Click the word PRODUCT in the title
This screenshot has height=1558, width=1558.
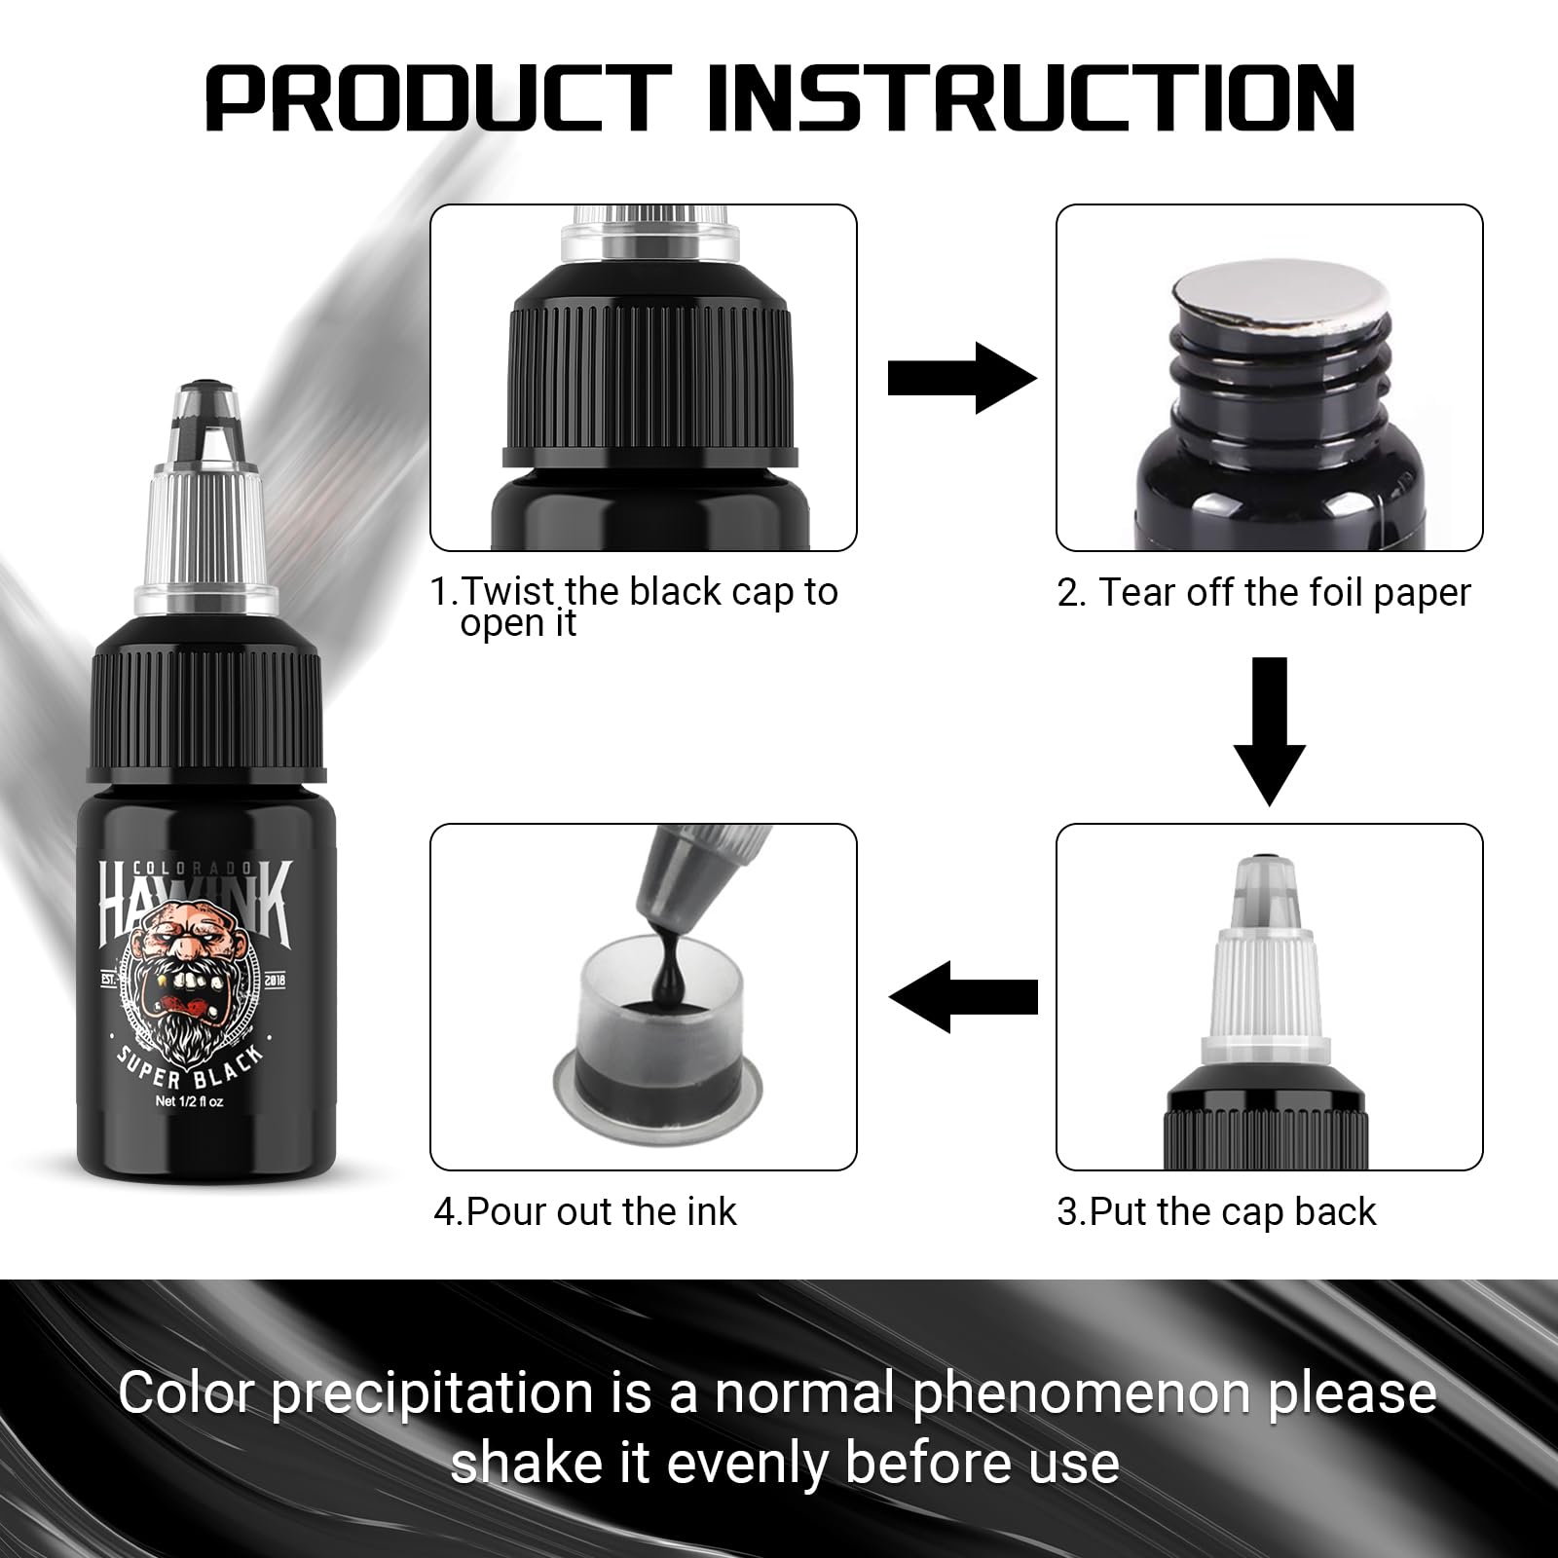439,97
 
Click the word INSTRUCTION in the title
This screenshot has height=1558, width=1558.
1031,97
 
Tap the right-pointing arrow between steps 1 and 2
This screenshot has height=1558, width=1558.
962,378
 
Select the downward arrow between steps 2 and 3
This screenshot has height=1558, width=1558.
1270,731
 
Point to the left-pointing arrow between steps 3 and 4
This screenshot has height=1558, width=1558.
963,995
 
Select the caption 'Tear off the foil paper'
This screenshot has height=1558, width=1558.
1264,592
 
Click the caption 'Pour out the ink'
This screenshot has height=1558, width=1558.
585,1211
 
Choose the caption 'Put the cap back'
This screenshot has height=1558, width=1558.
1216,1211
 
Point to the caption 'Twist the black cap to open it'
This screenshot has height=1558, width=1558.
634,607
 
